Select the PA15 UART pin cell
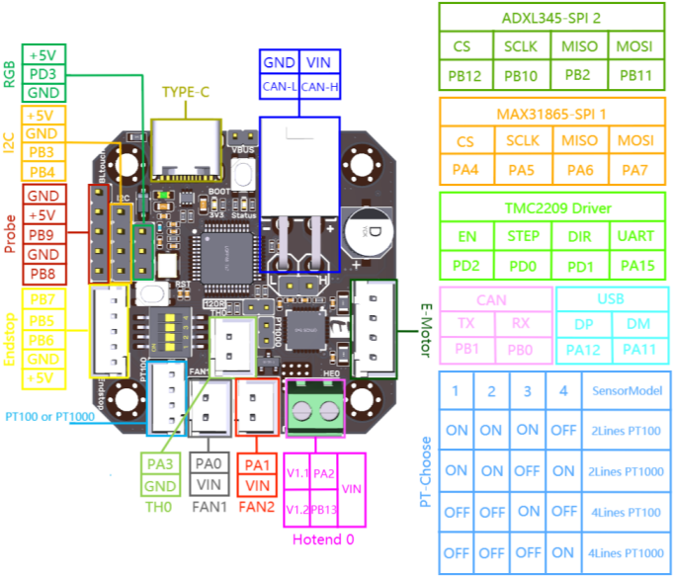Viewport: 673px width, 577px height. (634, 265)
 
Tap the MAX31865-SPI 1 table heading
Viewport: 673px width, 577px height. (550, 115)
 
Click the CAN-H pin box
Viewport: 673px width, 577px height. (319, 87)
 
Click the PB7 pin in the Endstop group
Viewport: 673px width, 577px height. (42, 298)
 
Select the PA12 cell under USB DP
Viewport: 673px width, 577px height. (584, 348)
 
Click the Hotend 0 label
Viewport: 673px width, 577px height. (324, 539)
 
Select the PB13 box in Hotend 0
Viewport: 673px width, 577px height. (325, 510)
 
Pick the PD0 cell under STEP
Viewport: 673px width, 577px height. (523, 265)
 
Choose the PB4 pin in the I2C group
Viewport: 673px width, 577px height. (42, 172)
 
